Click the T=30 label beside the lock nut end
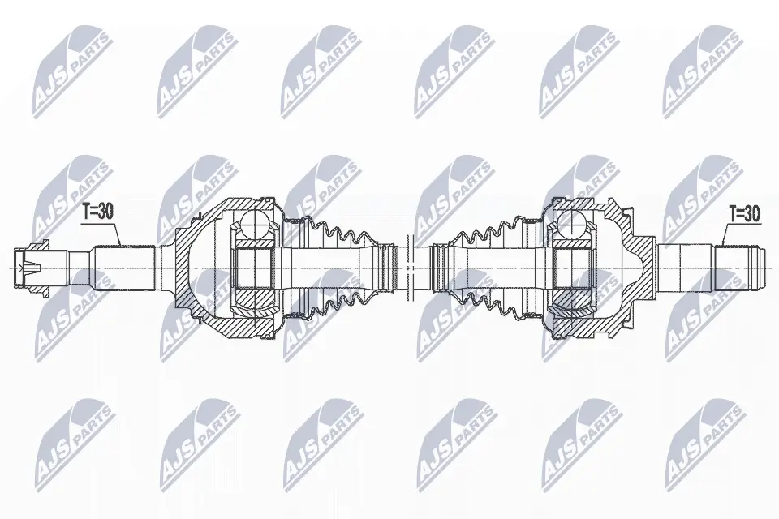pos(98,212)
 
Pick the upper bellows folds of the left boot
pos(342,233)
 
